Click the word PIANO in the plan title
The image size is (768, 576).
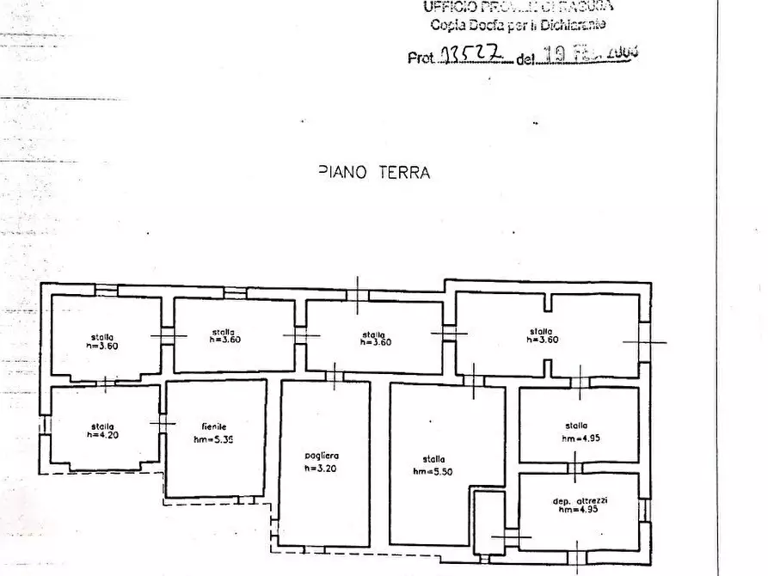click(x=342, y=172)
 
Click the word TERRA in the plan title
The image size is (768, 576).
click(x=402, y=172)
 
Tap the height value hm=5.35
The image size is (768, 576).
click(x=215, y=438)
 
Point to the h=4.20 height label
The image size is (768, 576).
click(x=101, y=435)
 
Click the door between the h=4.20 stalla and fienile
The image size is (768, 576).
click(x=163, y=423)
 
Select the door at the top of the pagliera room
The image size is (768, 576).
click(x=334, y=376)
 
